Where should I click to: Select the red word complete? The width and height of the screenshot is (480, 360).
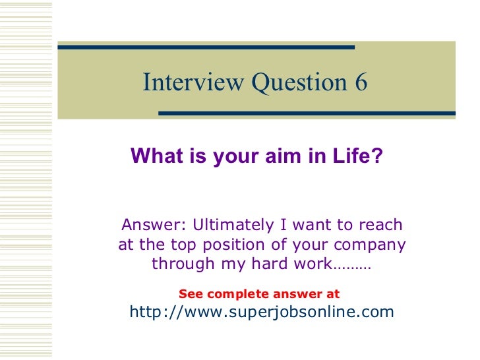click(x=232, y=294)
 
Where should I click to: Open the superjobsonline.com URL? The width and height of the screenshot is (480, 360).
click(x=262, y=311)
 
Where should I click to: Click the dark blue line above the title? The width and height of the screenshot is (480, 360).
click(x=206, y=47)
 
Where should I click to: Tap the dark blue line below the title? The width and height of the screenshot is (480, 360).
click(x=307, y=113)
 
